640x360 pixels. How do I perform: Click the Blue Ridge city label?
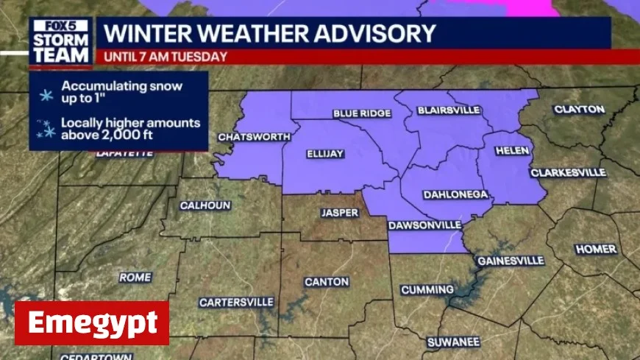[x=362, y=113]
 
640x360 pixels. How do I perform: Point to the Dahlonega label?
[x=456, y=194]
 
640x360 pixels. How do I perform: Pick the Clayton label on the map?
[x=579, y=110]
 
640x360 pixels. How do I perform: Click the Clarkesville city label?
[x=568, y=173]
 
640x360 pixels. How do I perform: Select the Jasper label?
[x=340, y=213]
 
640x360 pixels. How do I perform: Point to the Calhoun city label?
[x=205, y=205]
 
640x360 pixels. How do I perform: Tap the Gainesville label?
[x=511, y=261]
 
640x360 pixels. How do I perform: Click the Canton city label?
[x=327, y=282]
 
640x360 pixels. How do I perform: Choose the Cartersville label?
[x=236, y=302]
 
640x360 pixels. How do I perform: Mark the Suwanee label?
[x=453, y=342]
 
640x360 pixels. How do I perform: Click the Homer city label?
[x=596, y=249]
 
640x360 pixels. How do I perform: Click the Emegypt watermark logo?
[x=92, y=322]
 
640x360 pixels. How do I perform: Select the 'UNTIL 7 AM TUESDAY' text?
[x=166, y=57]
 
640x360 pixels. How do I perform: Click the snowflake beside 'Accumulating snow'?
[x=46, y=92]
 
